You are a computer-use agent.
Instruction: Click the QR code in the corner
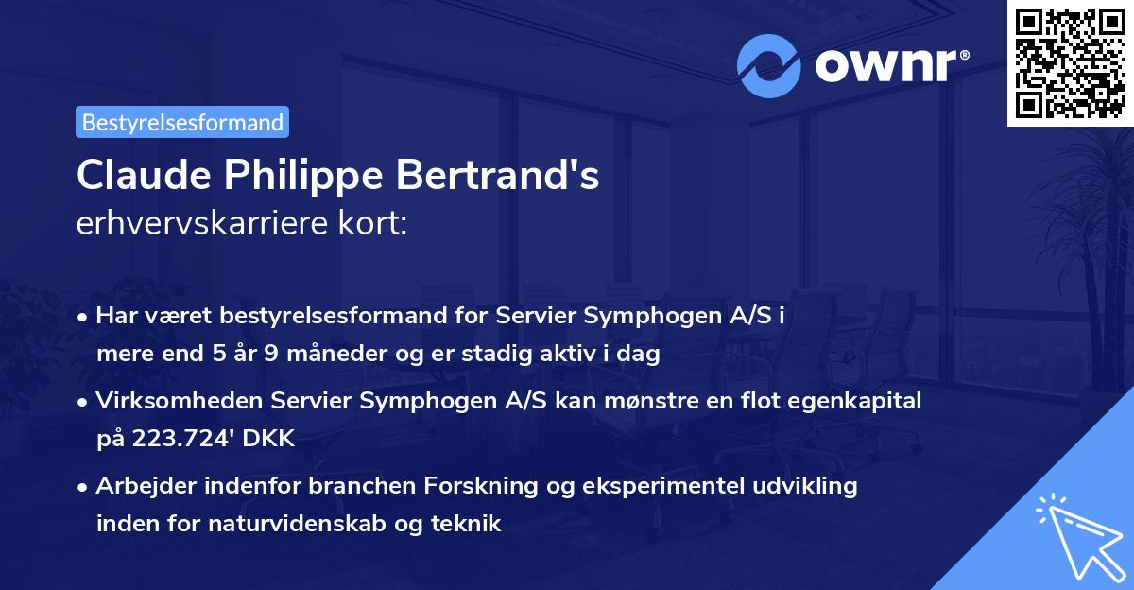(1070, 62)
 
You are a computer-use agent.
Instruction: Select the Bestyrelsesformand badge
(182, 122)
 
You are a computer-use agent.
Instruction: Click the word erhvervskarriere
(195, 224)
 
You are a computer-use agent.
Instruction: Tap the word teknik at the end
(469, 523)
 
